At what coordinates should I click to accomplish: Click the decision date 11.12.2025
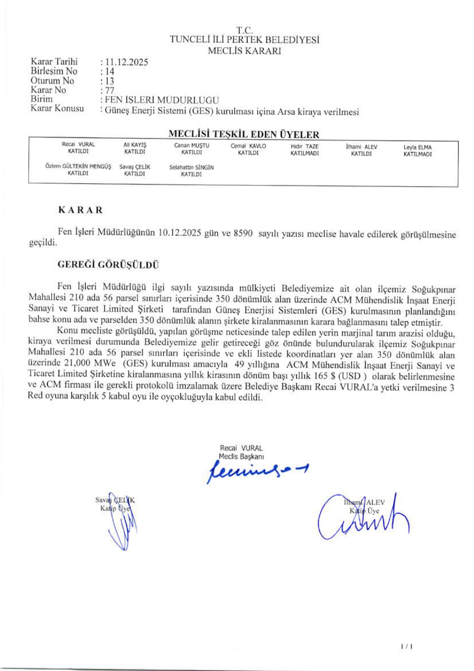126,62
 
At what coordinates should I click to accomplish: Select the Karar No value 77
109,91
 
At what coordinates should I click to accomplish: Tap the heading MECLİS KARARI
244,51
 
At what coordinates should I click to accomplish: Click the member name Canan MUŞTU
192,145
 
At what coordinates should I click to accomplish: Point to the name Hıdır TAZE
305,146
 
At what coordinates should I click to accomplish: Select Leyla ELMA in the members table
417,147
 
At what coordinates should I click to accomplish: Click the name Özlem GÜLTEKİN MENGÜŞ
78,166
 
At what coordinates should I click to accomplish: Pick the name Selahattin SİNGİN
191,167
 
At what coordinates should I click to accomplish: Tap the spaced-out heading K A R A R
80,210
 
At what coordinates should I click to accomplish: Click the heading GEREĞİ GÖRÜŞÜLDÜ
108,265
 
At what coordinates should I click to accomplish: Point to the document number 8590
243,233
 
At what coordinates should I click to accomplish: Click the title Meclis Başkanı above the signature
241,456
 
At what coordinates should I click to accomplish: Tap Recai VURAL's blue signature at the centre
256,471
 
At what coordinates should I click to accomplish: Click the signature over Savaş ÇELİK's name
122,524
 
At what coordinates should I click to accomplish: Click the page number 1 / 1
407,647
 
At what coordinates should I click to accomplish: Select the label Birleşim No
54,71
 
